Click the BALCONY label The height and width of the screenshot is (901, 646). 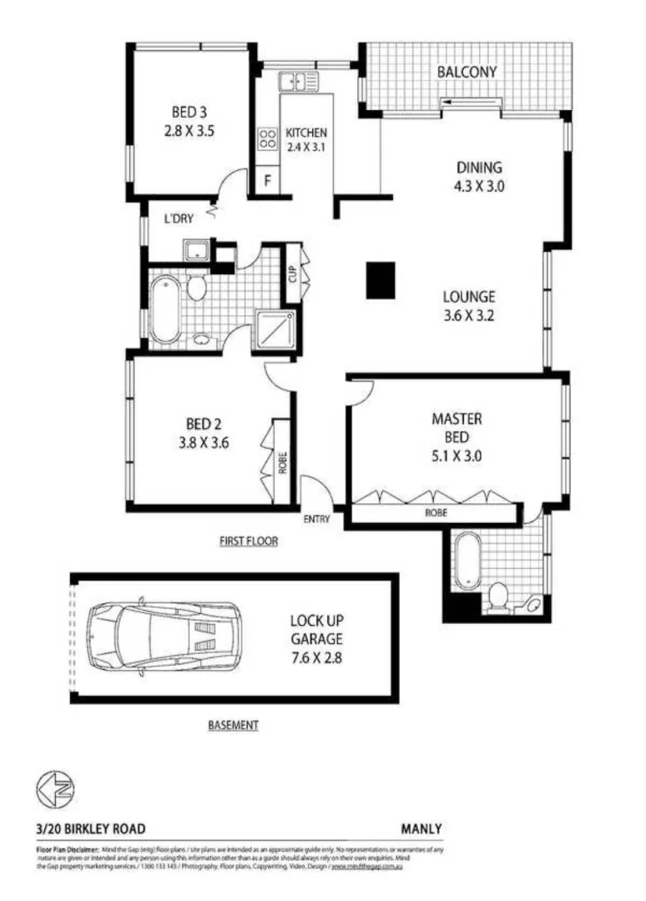pos(467,72)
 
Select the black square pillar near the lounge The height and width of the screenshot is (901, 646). pos(381,279)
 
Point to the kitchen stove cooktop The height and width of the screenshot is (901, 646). pos(268,138)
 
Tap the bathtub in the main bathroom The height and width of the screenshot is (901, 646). pos(164,310)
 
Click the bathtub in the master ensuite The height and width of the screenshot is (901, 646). pos(464,568)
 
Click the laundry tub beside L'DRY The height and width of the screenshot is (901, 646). pos(197,251)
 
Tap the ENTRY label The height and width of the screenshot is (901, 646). pos(317,519)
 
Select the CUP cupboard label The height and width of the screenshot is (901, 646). pos(293,273)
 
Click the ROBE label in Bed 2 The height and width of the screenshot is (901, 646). pos(283,461)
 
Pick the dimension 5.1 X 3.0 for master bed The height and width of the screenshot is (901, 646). pos(457,456)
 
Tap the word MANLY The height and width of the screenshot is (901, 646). pos(421,828)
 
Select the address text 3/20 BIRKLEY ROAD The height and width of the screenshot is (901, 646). pos(91,828)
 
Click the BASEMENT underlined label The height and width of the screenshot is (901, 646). pos(233,725)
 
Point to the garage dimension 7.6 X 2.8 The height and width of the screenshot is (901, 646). pos(316,657)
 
